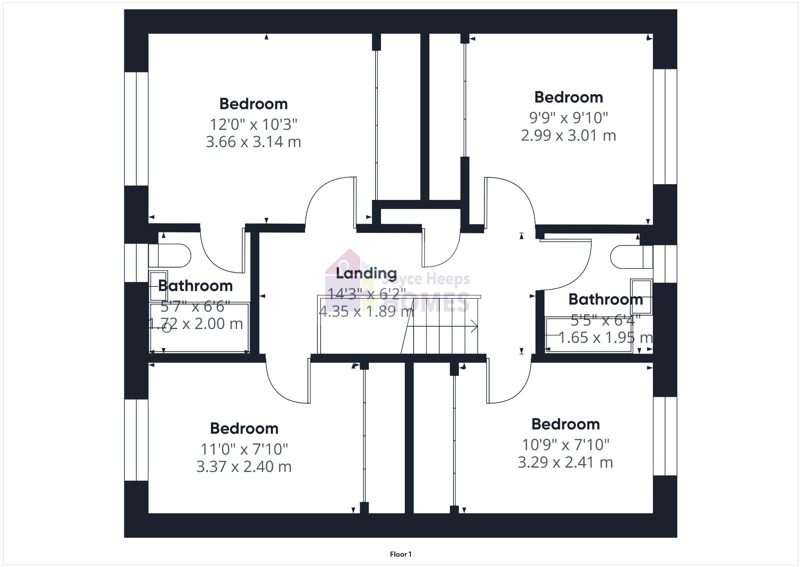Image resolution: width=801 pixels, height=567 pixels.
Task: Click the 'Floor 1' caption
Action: tap(400, 554)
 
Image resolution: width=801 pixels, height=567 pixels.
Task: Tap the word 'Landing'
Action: tap(366, 273)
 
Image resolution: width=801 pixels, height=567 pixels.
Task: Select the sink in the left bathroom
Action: tap(158, 286)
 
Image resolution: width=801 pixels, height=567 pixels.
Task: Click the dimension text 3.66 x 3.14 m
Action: tap(253, 142)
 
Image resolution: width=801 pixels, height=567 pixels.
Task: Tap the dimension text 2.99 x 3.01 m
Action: tap(568, 135)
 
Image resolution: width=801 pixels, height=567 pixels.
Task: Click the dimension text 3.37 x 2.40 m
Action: tap(244, 466)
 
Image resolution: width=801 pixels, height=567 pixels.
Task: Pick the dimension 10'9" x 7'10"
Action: tap(565, 445)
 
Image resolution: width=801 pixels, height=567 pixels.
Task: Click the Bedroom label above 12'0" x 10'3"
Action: tap(253, 104)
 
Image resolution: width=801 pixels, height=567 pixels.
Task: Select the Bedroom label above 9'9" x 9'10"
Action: tap(568, 97)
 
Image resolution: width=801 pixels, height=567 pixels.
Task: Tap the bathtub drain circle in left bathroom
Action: tap(167, 328)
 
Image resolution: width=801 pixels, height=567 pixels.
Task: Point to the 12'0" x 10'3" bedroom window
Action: tap(136, 129)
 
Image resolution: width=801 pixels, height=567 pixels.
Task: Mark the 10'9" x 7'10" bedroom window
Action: tap(665, 436)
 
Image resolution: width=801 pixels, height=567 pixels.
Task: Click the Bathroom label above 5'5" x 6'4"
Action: tap(605, 299)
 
